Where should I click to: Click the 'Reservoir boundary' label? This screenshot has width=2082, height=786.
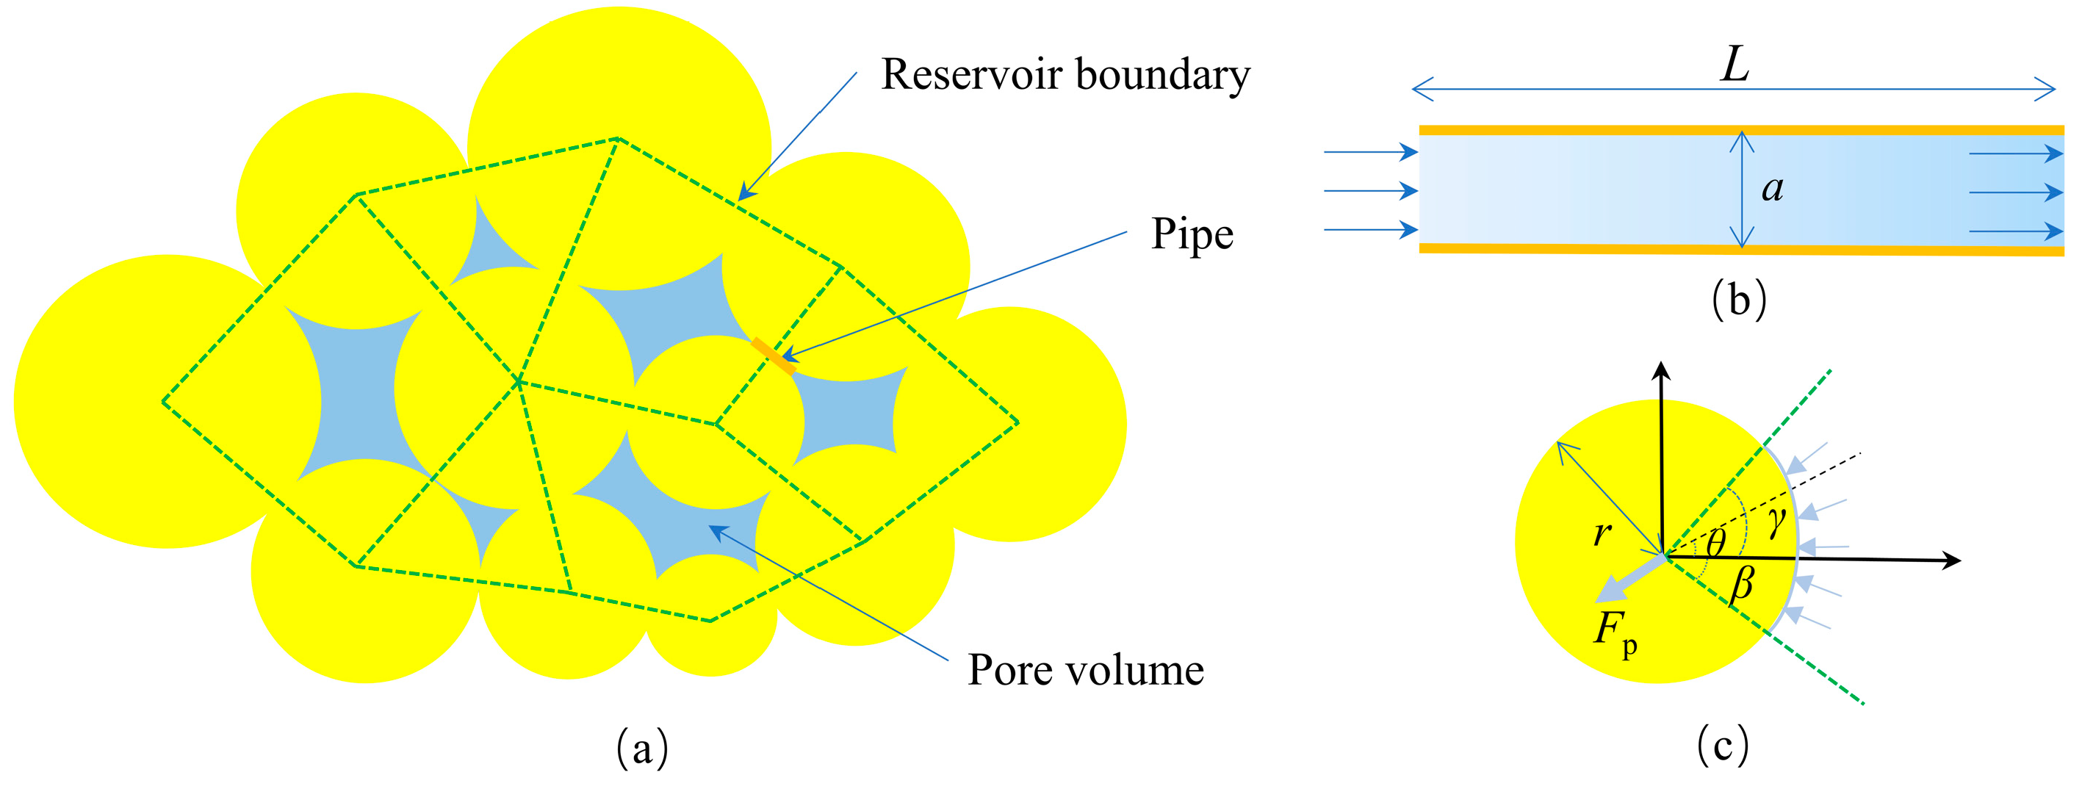(x=1065, y=75)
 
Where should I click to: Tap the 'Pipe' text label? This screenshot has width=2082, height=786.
(x=1192, y=235)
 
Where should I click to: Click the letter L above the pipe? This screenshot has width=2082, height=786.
(x=1735, y=65)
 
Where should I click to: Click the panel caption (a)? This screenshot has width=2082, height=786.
(x=643, y=748)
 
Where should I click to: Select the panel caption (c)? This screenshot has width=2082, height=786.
(x=1722, y=745)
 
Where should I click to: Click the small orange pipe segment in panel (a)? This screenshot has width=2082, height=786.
(x=774, y=356)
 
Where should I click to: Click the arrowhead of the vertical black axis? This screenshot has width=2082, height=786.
(x=1661, y=372)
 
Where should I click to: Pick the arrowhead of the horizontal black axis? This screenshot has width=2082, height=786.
(x=1950, y=560)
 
